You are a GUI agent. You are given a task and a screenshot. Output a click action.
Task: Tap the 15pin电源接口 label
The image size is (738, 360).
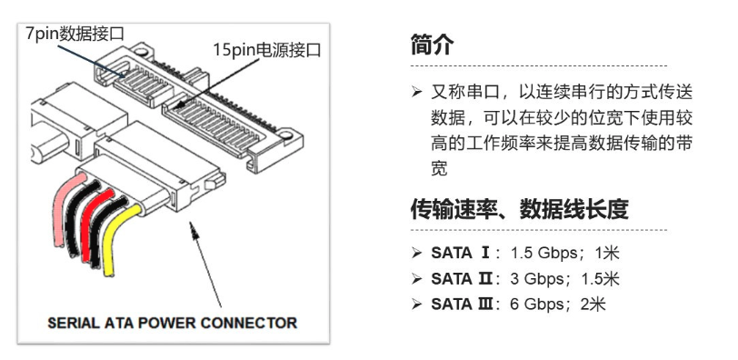267,49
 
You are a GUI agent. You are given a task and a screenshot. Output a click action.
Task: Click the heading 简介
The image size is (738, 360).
432,45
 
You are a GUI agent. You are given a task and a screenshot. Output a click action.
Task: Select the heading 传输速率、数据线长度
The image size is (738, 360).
519,209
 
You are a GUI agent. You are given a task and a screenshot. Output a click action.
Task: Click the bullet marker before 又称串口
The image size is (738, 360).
416,92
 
